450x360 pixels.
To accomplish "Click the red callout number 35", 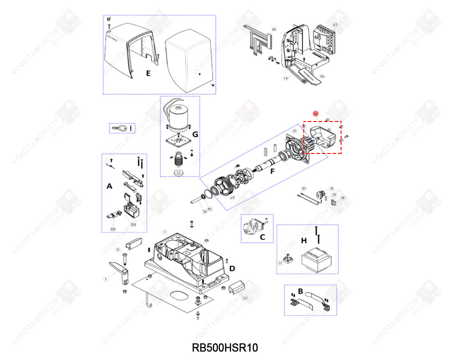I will pyautogui.click(x=315, y=114).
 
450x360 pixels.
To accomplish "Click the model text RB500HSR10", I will pyautogui.click(x=225, y=348).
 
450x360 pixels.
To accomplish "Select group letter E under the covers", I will pyautogui.click(x=148, y=73).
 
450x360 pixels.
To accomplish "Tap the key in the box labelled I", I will pyautogui.click(x=119, y=129).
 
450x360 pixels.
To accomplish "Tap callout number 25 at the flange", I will pyautogui.click(x=294, y=131).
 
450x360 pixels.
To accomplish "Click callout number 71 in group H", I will pyautogui.click(x=280, y=264).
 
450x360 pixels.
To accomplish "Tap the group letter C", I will pyautogui.click(x=263, y=236).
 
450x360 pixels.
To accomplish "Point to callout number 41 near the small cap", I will pyautogui.click(x=245, y=298).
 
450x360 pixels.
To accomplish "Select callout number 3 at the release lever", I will pyautogui.click(x=106, y=279).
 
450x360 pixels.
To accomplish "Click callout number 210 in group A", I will pyautogui.click(x=133, y=224).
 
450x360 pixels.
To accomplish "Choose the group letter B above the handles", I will pyautogui.click(x=300, y=291).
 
